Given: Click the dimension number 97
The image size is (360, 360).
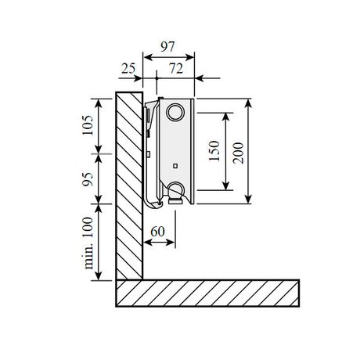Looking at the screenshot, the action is click(x=167, y=47).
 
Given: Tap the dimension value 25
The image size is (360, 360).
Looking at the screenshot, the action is click(x=128, y=69).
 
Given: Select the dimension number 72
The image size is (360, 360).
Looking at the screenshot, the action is click(x=176, y=69).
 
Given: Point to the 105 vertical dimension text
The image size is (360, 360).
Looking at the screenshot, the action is click(x=88, y=124).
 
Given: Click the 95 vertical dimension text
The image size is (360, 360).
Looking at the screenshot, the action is click(x=88, y=179).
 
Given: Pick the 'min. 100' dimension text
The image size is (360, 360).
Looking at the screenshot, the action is click(x=88, y=243).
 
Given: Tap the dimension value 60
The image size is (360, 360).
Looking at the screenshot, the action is click(x=157, y=232).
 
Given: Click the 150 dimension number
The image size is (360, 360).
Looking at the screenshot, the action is click(x=214, y=151).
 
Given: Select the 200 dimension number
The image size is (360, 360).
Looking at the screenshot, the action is click(x=238, y=153).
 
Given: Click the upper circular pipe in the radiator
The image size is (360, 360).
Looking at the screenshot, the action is click(x=175, y=112).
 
